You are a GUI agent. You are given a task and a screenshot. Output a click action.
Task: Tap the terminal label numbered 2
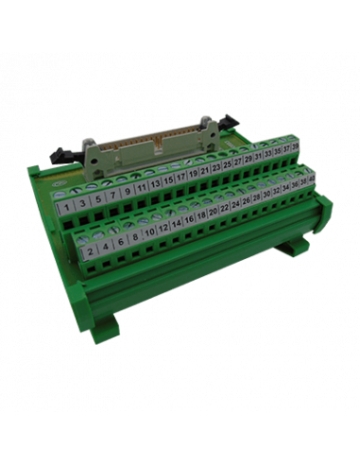pyautogui.click(x=89, y=253)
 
